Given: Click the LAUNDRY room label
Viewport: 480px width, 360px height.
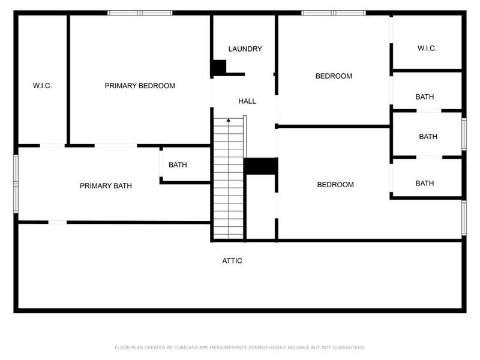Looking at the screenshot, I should (245, 49).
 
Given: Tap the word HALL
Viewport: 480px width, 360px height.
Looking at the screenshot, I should (247, 101).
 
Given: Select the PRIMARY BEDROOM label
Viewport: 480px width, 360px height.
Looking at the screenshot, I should (140, 86).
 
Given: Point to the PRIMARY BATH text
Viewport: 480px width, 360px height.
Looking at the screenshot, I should (106, 186).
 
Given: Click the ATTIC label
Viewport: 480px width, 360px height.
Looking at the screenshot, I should (232, 260).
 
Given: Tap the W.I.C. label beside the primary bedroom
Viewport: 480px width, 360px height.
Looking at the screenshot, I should (42, 86).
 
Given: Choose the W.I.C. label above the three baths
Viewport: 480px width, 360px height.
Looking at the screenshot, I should (427, 49).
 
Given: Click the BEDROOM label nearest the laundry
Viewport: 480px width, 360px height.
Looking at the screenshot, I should (334, 76).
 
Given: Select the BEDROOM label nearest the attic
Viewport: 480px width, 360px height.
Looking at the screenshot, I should (335, 185).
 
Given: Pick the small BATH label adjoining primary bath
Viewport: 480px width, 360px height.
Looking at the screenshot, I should (178, 164).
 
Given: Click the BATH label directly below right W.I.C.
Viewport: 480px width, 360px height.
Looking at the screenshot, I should (425, 97).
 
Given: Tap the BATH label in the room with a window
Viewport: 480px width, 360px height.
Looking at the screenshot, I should (428, 137).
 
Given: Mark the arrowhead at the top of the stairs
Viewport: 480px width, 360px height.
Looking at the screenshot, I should (228, 121).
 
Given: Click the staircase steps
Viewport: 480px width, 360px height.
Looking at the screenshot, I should (228, 180).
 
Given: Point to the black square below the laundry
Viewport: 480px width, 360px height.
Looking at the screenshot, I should (218, 67).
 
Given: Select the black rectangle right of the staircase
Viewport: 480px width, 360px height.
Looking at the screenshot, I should (260, 167).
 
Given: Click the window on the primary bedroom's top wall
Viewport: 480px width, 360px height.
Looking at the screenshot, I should (140, 13).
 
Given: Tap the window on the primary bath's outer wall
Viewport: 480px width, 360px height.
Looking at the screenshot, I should (16, 183).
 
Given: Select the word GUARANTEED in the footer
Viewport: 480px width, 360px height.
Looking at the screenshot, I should (347, 347).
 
